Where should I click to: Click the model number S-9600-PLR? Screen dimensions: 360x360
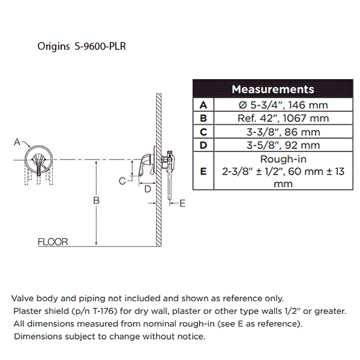(100, 46)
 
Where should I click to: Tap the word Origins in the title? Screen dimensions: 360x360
(53, 47)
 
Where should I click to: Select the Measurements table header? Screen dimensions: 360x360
(273, 89)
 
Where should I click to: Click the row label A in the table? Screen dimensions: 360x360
(203, 105)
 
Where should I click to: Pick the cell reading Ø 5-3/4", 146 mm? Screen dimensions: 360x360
(283, 105)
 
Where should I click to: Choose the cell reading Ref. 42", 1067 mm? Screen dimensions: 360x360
(283, 118)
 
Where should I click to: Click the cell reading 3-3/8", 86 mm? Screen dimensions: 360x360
(283, 132)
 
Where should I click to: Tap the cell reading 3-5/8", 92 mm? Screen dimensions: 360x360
(283, 145)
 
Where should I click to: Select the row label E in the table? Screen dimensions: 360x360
(203, 171)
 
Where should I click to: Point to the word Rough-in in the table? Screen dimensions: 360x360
(283, 159)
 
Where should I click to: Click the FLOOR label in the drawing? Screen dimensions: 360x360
(53, 242)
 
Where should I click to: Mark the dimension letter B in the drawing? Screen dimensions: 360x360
(97, 200)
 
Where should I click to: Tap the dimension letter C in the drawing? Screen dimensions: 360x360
(122, 181)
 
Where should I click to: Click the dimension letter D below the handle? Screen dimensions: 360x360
(148, 189)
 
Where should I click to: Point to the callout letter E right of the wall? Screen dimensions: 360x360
(182, 203)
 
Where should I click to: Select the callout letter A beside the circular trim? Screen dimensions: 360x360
(17, 142)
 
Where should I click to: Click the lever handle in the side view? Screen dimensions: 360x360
(145, 165)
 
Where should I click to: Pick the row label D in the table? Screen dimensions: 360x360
(203, 145)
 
